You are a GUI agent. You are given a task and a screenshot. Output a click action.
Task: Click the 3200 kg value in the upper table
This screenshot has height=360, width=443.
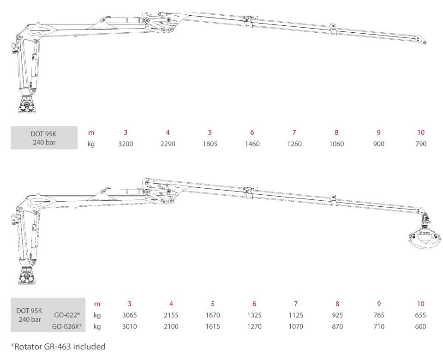pyautogui.click(x=126, y=144)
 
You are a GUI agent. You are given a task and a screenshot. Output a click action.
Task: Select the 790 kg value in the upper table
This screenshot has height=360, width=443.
pyautogui.click(x=421, y=144)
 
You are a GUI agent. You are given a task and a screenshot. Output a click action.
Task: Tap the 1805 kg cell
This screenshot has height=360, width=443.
pyautogui.click(x=210, y=144)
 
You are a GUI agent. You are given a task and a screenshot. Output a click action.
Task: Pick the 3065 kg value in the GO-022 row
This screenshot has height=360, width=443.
pyautogui.click(x=129, y=315)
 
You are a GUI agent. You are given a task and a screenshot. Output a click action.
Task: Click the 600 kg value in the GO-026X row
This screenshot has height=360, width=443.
pyautogui.click(x=420, y=326)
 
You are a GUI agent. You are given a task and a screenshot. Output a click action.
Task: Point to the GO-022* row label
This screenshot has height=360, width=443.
pyautogui.click(x=67, y=315)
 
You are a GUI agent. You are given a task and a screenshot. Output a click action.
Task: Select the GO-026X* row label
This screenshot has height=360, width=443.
pyautogui.click(x=67, y=326)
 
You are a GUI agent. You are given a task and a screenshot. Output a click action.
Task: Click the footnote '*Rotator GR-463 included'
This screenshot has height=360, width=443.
pyautogui.click(x=58, y=347)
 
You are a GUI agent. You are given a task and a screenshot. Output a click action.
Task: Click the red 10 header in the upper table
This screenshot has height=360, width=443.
pyautogui.click(x=421, y=132)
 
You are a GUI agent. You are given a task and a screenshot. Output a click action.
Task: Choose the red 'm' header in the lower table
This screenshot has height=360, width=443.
pyautogui.click(x=97, y=304)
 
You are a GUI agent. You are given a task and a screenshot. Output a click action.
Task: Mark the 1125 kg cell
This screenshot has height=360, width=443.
pyautogui.click(x=296, y=315)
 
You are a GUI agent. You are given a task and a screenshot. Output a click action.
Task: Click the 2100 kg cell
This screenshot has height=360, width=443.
pyautogui.click(x=171, y=326)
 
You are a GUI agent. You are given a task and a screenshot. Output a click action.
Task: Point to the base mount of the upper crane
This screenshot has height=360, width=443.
pyautogui.click(x=27, y=105)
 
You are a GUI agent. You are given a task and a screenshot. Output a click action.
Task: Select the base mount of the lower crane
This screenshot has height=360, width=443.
pyautogui.click(x=27, y=276)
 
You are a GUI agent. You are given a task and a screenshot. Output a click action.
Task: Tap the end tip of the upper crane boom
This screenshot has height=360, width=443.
pyautogui.click(x=425, y=42)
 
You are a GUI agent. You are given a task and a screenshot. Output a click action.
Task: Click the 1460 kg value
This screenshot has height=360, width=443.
pyautogui.click(x=252, y=144)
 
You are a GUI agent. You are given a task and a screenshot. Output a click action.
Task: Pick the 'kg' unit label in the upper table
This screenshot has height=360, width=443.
pyautogui.click(x=91, y=144)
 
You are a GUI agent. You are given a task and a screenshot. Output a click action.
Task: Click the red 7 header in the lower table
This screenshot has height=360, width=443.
pyautogui.click(x=296, y=304)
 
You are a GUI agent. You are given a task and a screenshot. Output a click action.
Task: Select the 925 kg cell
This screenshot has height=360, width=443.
pyautogui.click(x=337, y=315)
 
